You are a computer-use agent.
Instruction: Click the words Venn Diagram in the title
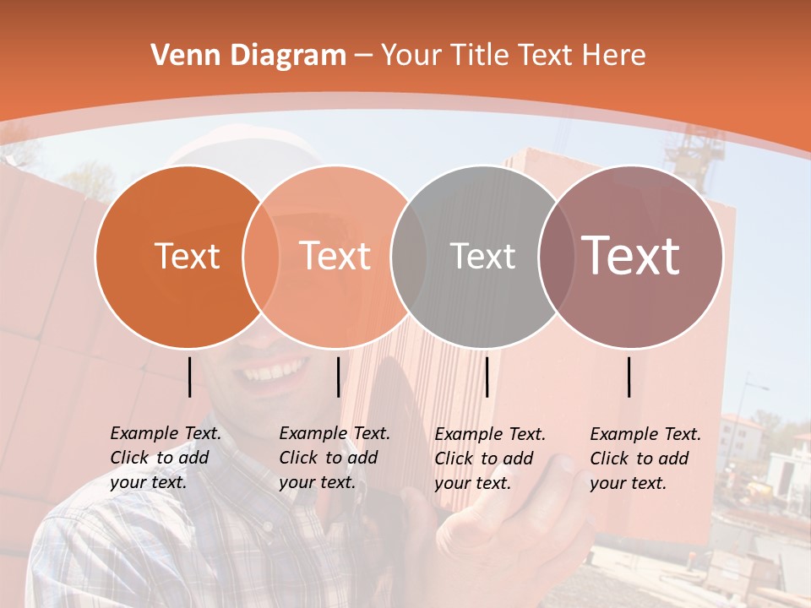(x=248, y=56)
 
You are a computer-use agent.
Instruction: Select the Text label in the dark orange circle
(x=187, y=256)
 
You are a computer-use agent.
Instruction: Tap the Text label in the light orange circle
(x=335, y=256)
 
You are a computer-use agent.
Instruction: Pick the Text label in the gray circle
(x=482, y=256)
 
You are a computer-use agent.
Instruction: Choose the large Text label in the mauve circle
(x=630, y=256)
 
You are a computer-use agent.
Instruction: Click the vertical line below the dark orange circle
(x=189, y=377)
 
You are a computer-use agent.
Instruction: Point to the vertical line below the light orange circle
(x=338, y=377)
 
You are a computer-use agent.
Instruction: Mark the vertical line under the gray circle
(x=487, y=377)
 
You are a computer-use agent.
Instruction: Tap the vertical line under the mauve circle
(x=629, y=377)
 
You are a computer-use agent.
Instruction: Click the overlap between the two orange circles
(x=261, y=256)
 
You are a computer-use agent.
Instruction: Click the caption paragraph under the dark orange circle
(x=166, y=458)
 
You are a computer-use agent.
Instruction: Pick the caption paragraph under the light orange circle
(x=335, y=458)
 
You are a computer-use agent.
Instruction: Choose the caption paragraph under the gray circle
(x=490, y=459)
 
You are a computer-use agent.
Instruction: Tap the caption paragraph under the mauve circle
(x=645, y=459)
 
